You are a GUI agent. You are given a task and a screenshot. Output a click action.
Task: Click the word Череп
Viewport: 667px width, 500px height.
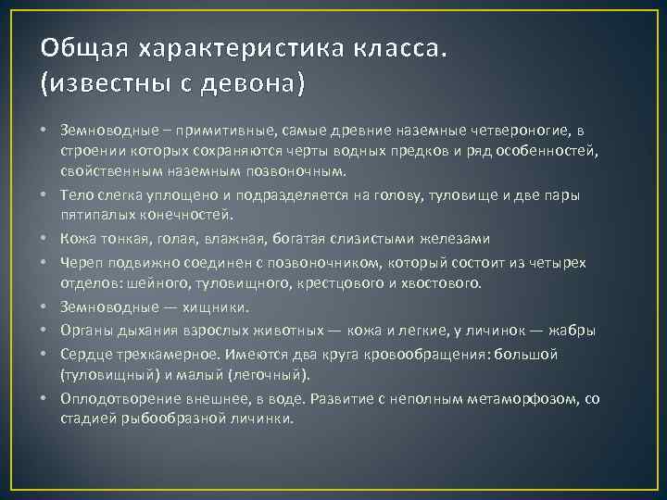pos(81,263)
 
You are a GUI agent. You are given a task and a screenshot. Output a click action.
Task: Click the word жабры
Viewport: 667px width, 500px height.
pos(572,330)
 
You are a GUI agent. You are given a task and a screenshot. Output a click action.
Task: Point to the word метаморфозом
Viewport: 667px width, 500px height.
pos(522,399)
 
